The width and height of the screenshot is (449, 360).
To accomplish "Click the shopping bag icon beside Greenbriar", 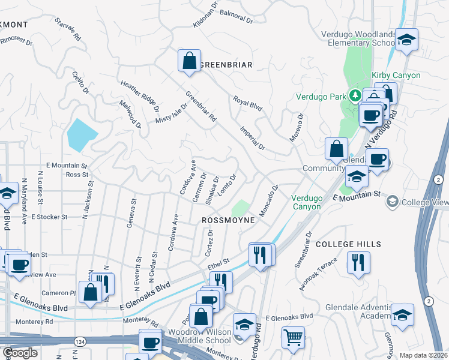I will (x=189, y=61).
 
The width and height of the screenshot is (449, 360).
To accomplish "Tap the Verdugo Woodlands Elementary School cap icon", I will (x=406, y=40).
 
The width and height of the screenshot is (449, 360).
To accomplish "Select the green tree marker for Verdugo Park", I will (x=355, y=95).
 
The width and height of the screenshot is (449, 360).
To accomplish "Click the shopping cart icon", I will (x=293, y=337).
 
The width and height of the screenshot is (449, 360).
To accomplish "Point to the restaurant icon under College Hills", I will (x=358, y=262).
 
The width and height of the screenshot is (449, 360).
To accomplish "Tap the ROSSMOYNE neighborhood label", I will (x=228, y=220).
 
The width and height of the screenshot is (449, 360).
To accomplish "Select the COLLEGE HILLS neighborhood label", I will (x=348, y=244).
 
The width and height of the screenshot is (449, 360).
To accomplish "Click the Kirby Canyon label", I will (x=396, y=75).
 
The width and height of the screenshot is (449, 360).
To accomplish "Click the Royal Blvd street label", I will (x=248, y=103).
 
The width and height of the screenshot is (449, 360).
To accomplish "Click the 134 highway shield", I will (x=79, y=341).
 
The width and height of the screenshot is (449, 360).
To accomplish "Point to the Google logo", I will (x=20, y=353).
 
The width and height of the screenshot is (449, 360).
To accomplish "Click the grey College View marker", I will (x=393, y=202).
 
